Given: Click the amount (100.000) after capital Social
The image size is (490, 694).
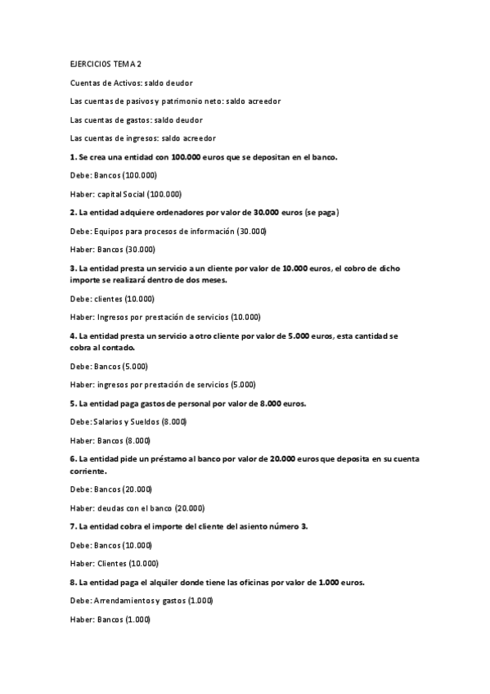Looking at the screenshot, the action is (164, 194).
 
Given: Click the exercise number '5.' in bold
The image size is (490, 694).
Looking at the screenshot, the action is (74, 403).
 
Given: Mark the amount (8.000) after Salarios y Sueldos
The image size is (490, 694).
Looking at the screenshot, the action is (173, 421).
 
